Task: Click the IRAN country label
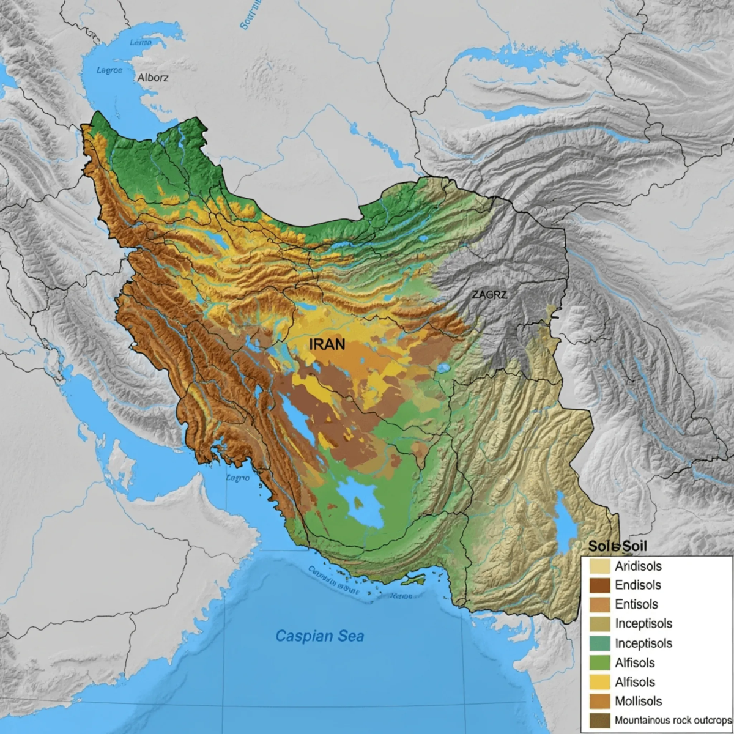click(x=327, y=344)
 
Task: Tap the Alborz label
click(x=153, y=78)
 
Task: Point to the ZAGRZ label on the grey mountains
click(x=490, y=294)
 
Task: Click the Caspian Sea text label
click(x=319, y=636)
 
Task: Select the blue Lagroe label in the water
click(x=109, y=70)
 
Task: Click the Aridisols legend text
click(x=638, y=566)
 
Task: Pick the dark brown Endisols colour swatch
click(x=599, y=585)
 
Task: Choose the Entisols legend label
click(x=636, y=604)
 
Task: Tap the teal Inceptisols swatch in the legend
click(x=599, y=643)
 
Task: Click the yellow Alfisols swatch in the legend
click(x=599, y=682)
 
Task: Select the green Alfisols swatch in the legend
click(x=599, y=662)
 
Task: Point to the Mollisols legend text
click(x=638, y=701)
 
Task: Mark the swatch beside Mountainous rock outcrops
click(x=599, y=721)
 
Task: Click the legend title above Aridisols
click(x=617, y=546)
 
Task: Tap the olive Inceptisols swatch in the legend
click(x=599, y=624)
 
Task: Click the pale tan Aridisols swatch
click(x=599, y=566)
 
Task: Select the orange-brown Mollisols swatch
click(x=599, y=701)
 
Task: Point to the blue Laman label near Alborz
click(x=141, y=43)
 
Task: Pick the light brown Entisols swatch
click(x=599, y=604)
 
